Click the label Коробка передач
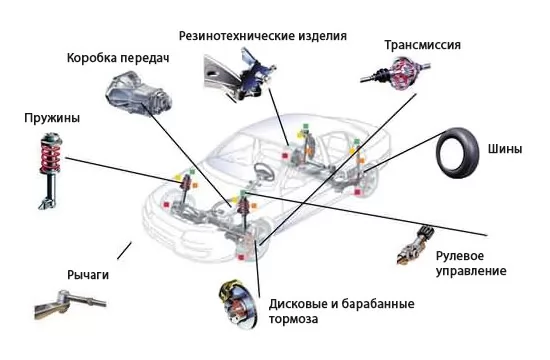(118, 58)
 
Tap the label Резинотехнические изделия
(263, 36)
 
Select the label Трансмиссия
(422, 45)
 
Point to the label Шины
(505, 149)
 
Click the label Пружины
(52, 118)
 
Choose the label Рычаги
(88, 275)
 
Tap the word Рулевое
(460, 256)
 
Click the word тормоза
(294, 319)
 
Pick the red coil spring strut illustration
(51, 171)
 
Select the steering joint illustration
(416, 245)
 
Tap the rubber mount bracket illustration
(239, 74)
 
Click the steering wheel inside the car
(264, 171)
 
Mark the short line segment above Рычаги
(124, 251)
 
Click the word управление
(471, 271)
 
